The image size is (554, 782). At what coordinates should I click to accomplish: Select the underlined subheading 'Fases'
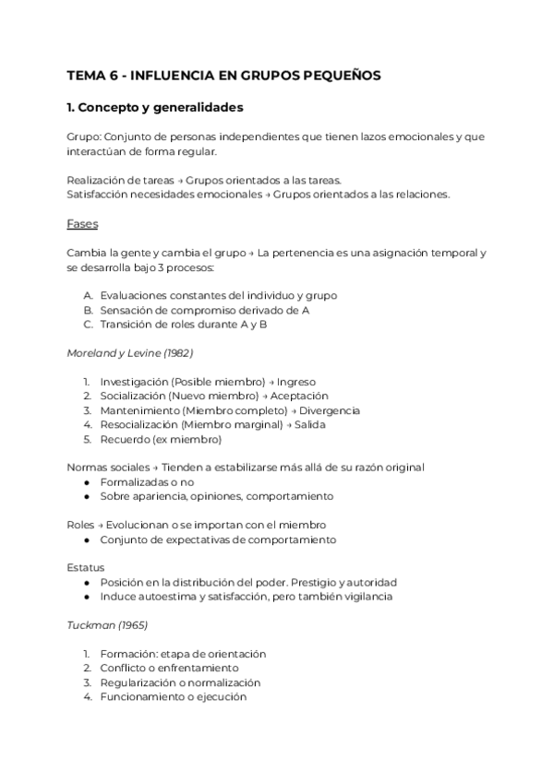82,223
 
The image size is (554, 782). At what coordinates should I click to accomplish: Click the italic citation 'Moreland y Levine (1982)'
129,352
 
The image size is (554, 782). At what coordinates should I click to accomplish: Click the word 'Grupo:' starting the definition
85,136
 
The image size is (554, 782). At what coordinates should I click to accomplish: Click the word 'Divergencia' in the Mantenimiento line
329,410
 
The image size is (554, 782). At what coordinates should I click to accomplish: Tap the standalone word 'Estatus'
86,568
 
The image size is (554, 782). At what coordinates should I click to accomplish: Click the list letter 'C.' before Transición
88,324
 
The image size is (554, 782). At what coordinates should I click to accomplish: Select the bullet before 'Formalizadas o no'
87,481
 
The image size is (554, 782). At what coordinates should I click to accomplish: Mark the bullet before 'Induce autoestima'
87,597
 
